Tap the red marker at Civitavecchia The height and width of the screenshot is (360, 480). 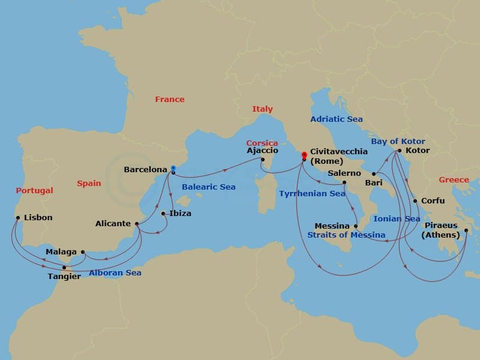[304, 155]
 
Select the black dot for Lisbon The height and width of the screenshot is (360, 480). [18, 218]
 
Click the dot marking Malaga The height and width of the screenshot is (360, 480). [83, 252]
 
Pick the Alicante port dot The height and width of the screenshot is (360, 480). [137, 224]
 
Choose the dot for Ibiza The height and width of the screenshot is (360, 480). [163, 213]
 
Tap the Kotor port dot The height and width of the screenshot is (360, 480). [400, 151]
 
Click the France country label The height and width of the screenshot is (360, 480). [170, 100]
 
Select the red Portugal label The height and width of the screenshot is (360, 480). [35, 191]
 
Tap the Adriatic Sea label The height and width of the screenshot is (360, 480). [336, 119]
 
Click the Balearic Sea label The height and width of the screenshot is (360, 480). [208, 187]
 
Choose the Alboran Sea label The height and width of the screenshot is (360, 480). [115, 273]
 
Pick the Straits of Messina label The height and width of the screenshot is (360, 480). [346, 235]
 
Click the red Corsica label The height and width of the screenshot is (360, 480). [262, 143]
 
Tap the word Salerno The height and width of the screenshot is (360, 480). [344, 173]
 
